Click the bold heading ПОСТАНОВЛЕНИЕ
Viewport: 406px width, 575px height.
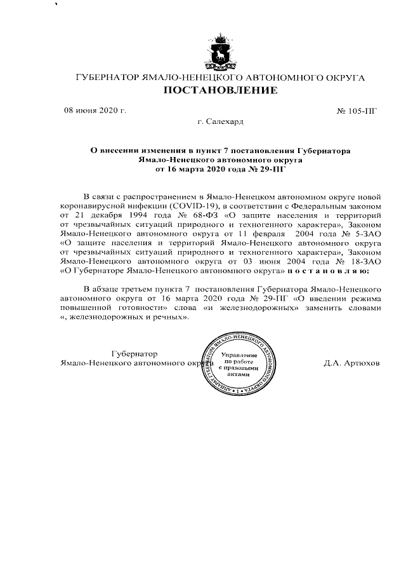click(x=221, y=91)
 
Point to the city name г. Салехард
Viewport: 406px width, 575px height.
click(x=221, y=120)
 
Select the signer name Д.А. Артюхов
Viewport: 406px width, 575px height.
click(x=352, y=364)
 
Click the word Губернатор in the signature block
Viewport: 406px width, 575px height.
click(x=134, y=354)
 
